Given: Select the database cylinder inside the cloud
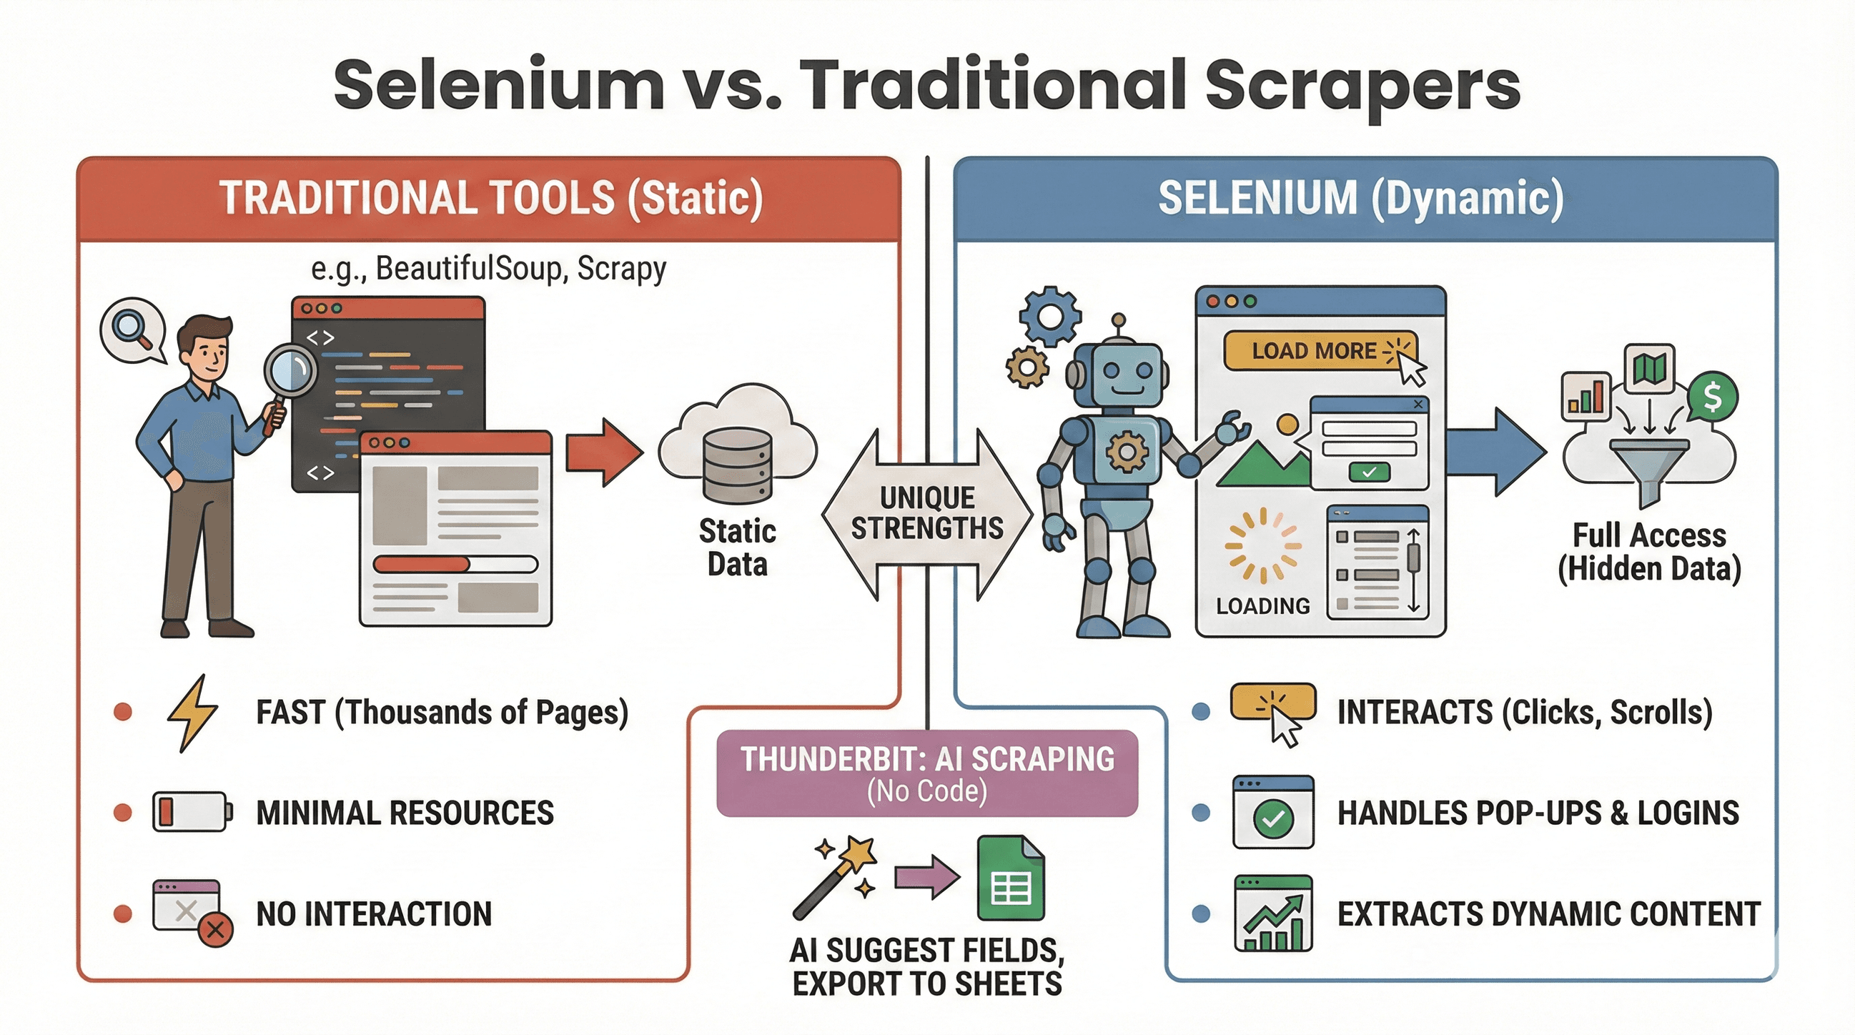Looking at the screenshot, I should tap(737, 460).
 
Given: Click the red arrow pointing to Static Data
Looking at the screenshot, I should tap(603, 452).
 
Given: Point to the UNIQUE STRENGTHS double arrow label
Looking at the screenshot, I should tap(926, 513).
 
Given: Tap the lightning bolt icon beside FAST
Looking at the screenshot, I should tap(192, 713).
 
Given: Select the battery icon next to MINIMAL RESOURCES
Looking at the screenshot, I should tap(192, 813).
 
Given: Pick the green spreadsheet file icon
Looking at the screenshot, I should tap(1010, 878).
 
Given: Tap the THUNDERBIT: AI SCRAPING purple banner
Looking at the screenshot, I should tap(926, 773).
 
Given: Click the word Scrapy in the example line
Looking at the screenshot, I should tap(621, 269).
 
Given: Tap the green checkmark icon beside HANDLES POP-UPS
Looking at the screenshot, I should tap(1272, 817).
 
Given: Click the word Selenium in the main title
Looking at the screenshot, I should tap(498, 85).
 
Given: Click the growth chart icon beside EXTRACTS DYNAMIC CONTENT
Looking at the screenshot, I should tap(1272, 913).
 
